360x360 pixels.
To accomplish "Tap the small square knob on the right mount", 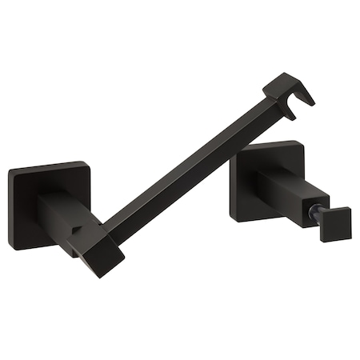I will tap(336, 223).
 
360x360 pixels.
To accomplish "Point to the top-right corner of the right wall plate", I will tap(302, 144).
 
